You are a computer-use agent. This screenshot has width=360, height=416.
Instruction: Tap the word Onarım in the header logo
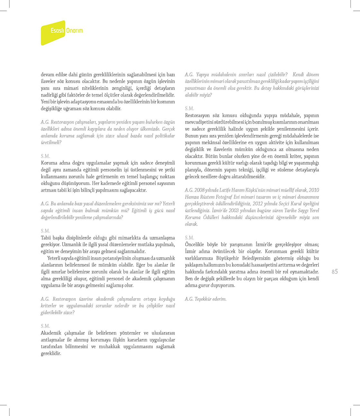75,31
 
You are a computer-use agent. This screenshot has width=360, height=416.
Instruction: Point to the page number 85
335,272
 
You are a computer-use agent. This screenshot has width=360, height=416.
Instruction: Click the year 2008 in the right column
200,190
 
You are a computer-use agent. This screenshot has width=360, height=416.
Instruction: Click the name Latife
226,190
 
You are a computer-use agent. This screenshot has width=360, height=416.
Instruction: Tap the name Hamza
192,197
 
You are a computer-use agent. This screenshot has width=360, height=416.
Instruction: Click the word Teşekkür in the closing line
203,299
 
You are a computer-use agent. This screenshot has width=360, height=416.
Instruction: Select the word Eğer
140,265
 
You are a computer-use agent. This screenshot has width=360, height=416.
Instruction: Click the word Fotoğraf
226,197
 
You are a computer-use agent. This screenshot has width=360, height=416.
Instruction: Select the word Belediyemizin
256,258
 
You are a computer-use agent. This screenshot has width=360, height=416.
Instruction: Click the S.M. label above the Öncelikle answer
189,238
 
